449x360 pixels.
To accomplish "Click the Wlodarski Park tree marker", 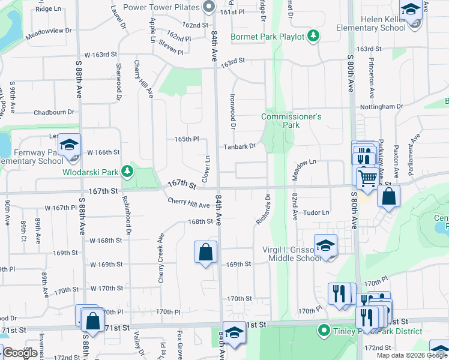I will coord(127,172).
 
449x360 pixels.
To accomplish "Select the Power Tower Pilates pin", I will coord(209,8).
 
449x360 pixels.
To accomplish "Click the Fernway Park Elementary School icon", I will coord(69,146).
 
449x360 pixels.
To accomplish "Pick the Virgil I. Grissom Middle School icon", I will coord(325,246).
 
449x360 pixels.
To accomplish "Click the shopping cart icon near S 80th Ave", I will coord(367,178).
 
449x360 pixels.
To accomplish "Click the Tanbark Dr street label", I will coord(240,146).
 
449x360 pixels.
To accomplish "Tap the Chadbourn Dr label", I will coord(53,112).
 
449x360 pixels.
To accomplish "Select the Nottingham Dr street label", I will coord(381,106).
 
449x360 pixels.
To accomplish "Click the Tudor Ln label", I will coord(316,212).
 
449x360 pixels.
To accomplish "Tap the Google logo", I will coord(20,353).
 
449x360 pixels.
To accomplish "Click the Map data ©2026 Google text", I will coord(411,355).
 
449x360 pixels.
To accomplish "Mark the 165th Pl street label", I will coord(186,139).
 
